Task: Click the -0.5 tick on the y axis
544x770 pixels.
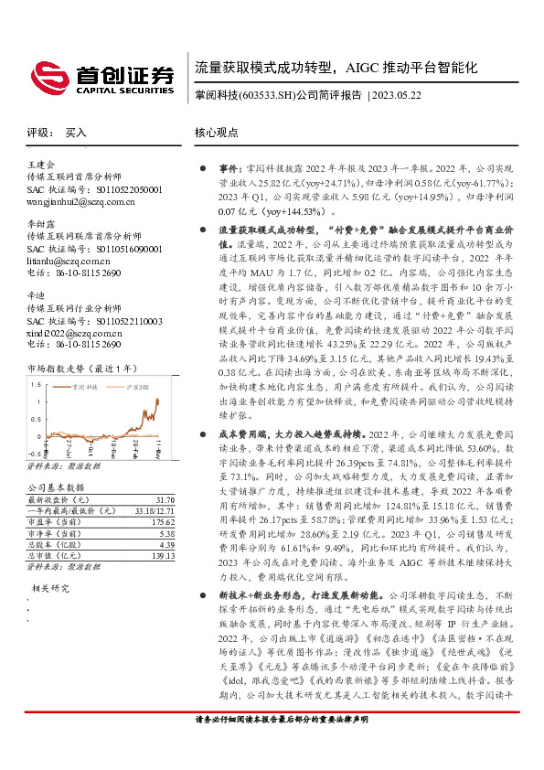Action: [x=35, y=452]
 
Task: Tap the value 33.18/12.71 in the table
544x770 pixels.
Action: [x=155, y=511]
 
